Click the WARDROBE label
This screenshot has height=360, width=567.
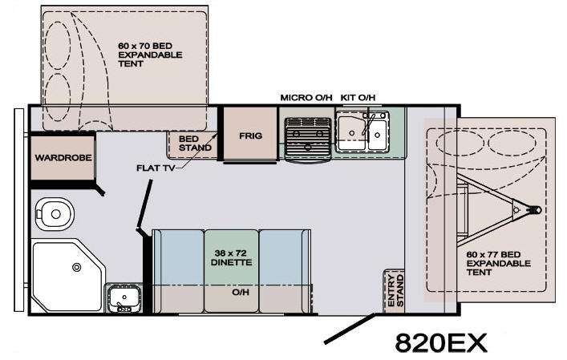click(63, 158)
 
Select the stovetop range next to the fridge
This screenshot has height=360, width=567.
click(308, 139)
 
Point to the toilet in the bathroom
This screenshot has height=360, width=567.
click(55, 214)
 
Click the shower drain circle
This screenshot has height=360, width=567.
click(77, 268)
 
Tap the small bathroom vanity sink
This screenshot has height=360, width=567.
click(124, 297)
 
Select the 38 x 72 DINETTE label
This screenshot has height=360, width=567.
click(231, 257)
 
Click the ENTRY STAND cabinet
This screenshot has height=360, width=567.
click(394, 290)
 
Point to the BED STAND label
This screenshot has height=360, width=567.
click(195, 144)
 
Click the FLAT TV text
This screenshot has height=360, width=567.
click(156, 168)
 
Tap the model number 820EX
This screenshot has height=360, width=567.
click(441, 342)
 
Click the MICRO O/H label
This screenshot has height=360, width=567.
click(306, 98)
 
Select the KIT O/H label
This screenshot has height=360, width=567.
click(358, 98)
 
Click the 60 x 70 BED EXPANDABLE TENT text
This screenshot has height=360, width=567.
click(150, 55)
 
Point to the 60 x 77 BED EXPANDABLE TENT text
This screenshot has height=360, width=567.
click(498, 264)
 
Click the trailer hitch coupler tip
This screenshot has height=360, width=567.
click(540, 209)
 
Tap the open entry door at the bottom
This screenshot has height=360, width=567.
click(350, 329)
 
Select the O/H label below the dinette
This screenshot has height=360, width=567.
click(241, 292)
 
